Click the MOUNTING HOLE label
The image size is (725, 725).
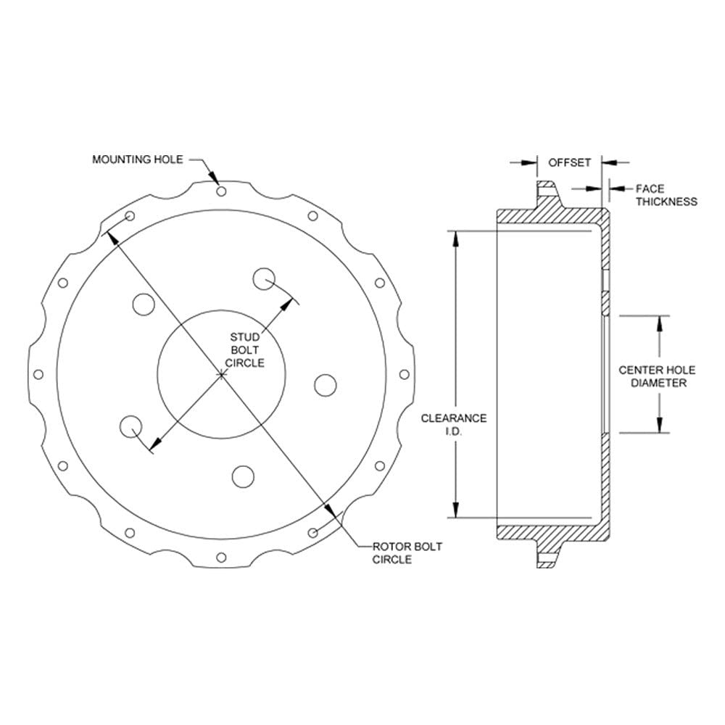point(138,159)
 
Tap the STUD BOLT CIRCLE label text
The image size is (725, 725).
point(245,350)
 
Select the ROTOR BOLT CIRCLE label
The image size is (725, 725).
point(407,553)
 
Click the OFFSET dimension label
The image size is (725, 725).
point(569,162)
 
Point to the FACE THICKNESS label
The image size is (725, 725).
point(666,195)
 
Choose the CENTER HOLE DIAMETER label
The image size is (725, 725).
point(657,376)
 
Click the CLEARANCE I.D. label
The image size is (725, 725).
point(454,424)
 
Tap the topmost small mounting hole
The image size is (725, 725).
point(221,191)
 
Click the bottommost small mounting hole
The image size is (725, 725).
point(221,557)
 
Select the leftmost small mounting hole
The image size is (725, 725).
point(38,374)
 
